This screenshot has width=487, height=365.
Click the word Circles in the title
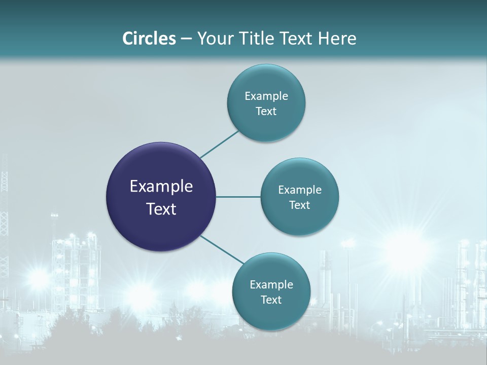149,38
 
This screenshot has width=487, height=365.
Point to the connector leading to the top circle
219,144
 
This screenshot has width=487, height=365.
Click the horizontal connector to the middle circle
238,197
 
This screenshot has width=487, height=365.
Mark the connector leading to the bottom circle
222,250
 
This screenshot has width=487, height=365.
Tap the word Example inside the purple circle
161,187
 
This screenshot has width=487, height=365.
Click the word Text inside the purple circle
161,209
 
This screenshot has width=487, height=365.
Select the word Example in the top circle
266,96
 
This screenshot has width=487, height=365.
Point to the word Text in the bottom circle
271,300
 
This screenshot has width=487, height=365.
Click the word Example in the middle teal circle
300,190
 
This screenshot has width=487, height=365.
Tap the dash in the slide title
186,38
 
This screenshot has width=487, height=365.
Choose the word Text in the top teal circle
266,112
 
